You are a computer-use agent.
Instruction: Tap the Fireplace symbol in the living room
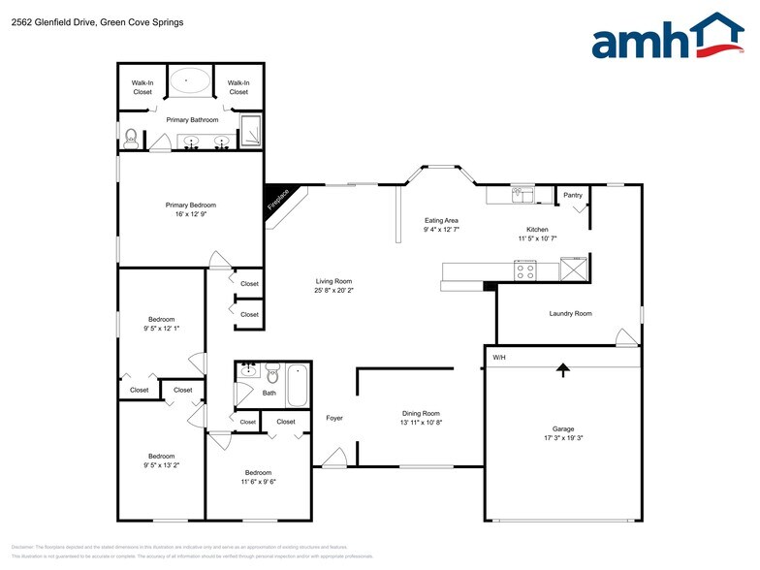pos(279,201)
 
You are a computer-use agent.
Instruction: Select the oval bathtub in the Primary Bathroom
pos(190,80)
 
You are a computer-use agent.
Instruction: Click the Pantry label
pos(573,195)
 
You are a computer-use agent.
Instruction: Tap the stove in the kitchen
pos(524,270)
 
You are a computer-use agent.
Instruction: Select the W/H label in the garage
pos(499,358)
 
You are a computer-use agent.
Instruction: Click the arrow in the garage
pos(562,368)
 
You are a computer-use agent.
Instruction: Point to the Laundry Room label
pos(570,313)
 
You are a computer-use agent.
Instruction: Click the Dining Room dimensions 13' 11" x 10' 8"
pos(421,423)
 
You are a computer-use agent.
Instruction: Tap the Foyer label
pos(334,418)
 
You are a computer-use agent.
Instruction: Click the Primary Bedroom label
pos(190,205)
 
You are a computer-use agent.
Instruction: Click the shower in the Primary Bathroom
pos(250,131)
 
